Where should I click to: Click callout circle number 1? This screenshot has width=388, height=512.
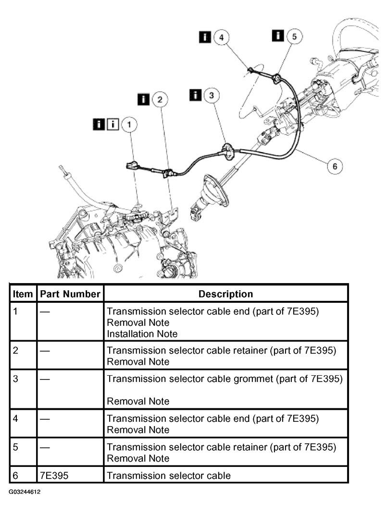pos(129,125)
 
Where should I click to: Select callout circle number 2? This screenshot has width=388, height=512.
pos(160,99)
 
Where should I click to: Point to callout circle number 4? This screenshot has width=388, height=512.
pos(221,37)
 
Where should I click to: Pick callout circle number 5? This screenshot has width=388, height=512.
pos(294,36)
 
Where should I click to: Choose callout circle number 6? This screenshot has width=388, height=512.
pos(335,166)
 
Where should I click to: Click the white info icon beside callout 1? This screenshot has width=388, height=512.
pos(113,125)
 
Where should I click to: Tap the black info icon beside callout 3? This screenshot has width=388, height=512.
pos(195,95)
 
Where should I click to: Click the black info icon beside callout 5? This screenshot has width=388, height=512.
pos(278,36)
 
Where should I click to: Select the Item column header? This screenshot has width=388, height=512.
pos(23,294)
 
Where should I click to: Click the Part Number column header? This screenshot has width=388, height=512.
pos(70,294)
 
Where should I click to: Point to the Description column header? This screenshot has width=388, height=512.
pos(225,294)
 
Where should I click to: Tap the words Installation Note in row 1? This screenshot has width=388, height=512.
pos(142,333)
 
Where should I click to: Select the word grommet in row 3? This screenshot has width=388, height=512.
pos(255,379)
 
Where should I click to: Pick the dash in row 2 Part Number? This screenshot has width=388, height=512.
pos(45,350)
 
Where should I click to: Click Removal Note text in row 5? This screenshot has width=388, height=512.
pos(138,458)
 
